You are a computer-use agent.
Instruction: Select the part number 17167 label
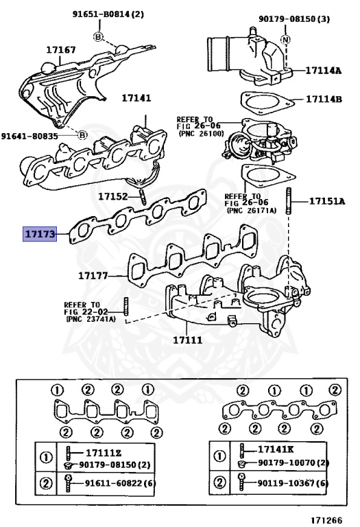[60, 50]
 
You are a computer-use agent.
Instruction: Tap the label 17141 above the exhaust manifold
[136, 99]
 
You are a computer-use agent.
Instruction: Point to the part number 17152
[113, 196]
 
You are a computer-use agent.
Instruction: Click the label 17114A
[324, 70]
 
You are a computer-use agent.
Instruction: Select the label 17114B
[324, 99]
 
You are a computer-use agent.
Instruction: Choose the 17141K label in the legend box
[277, 449]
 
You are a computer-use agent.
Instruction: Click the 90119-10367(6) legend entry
[291, 483]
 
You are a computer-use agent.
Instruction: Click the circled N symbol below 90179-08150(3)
[285, 39]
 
